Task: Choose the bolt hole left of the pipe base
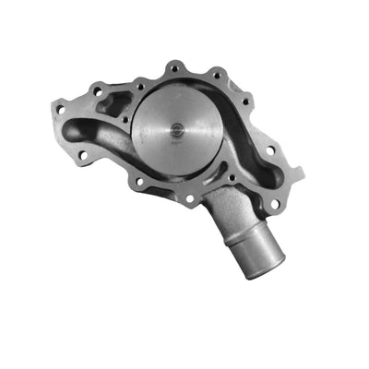click(x=189, y=197)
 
